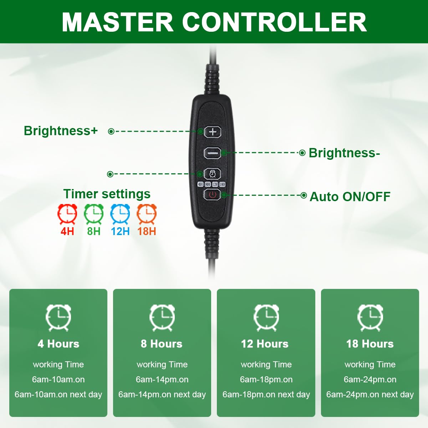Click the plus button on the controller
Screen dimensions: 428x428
point(213,132)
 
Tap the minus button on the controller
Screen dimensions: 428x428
point(212,153)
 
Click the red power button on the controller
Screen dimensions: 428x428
point(212,195)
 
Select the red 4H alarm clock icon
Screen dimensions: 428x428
point(67,214)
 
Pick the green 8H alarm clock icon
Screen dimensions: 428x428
point(94,214)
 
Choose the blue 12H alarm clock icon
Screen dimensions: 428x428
point(120,214)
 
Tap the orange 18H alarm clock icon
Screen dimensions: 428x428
point(147,214)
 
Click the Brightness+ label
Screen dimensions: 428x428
point(61,131)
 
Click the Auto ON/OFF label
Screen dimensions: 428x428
point(350,197)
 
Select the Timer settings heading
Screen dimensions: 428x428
point(107,194)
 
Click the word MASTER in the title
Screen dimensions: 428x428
point(117,22)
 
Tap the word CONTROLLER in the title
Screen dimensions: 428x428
point(275,22)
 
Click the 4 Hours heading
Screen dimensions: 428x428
point(58,344)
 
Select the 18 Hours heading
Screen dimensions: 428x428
point(370,344)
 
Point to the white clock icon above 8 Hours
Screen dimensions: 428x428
point(162,318)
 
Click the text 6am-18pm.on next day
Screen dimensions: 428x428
point(266,394)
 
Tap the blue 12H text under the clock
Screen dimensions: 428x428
point(120,231)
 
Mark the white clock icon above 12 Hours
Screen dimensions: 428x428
point(266,318)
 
